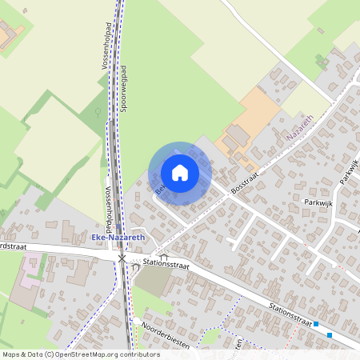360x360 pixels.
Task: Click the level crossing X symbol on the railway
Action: [x=122, y=258]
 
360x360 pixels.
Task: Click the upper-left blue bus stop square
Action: [x=317, y=324]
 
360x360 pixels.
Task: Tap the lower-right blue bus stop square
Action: [x=330, y=335]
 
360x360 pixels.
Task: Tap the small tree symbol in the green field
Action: [x=98, y=112]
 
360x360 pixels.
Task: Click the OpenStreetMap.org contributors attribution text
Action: [x=103, y=354]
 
